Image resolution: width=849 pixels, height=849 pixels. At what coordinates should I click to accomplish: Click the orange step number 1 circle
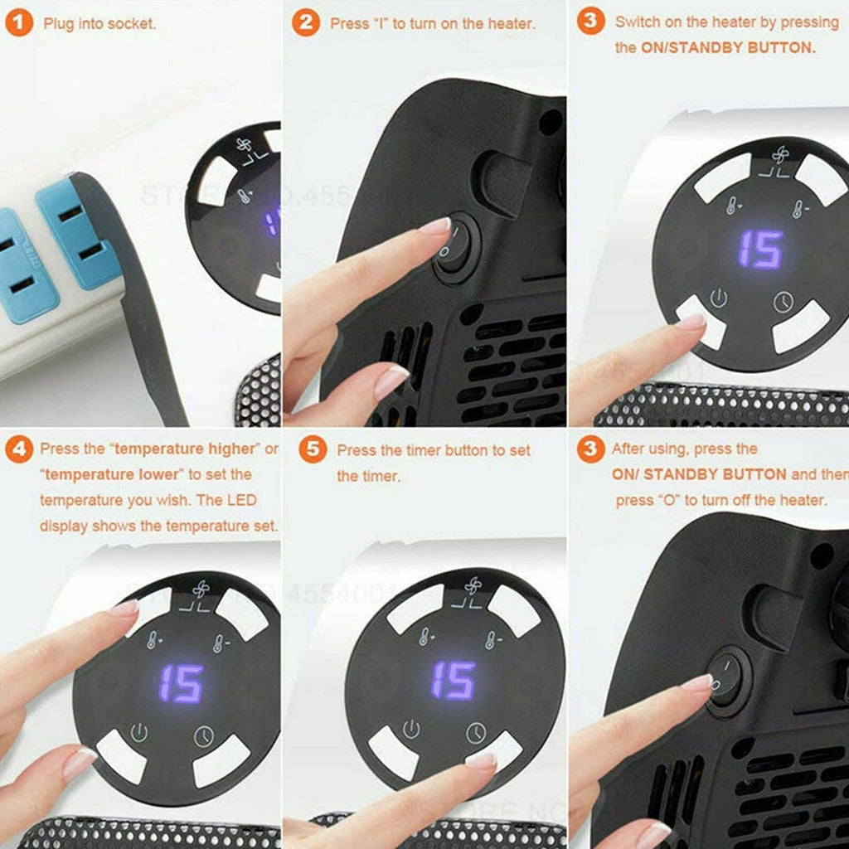click(x=20, y=22)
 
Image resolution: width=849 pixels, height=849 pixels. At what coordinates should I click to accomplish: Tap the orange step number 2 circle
click(x=306, y=22)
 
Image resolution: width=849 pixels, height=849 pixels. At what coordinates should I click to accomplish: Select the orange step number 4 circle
click(x=19, y=449)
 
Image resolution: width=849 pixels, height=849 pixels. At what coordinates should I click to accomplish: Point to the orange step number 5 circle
click(x=311, y=449)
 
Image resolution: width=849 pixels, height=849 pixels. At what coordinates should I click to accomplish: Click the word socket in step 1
click(x=133, y=23)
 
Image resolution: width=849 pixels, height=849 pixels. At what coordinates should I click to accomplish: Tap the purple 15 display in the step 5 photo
click(x=453, y=680)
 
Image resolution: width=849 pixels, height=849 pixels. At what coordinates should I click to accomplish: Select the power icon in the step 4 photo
click(x=139, y=733)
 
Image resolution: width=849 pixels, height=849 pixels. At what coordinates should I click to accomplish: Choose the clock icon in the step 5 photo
click(x=475, y=732)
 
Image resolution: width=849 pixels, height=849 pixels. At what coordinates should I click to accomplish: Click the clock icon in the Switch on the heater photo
click(x=784, y=302)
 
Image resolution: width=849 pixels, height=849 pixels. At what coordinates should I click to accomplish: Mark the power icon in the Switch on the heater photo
click(x=718, y=298)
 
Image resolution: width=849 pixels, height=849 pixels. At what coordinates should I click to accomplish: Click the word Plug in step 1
click(x=57, y=23)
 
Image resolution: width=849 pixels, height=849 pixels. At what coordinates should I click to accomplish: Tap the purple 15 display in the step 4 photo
click(x=181, y=683)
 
